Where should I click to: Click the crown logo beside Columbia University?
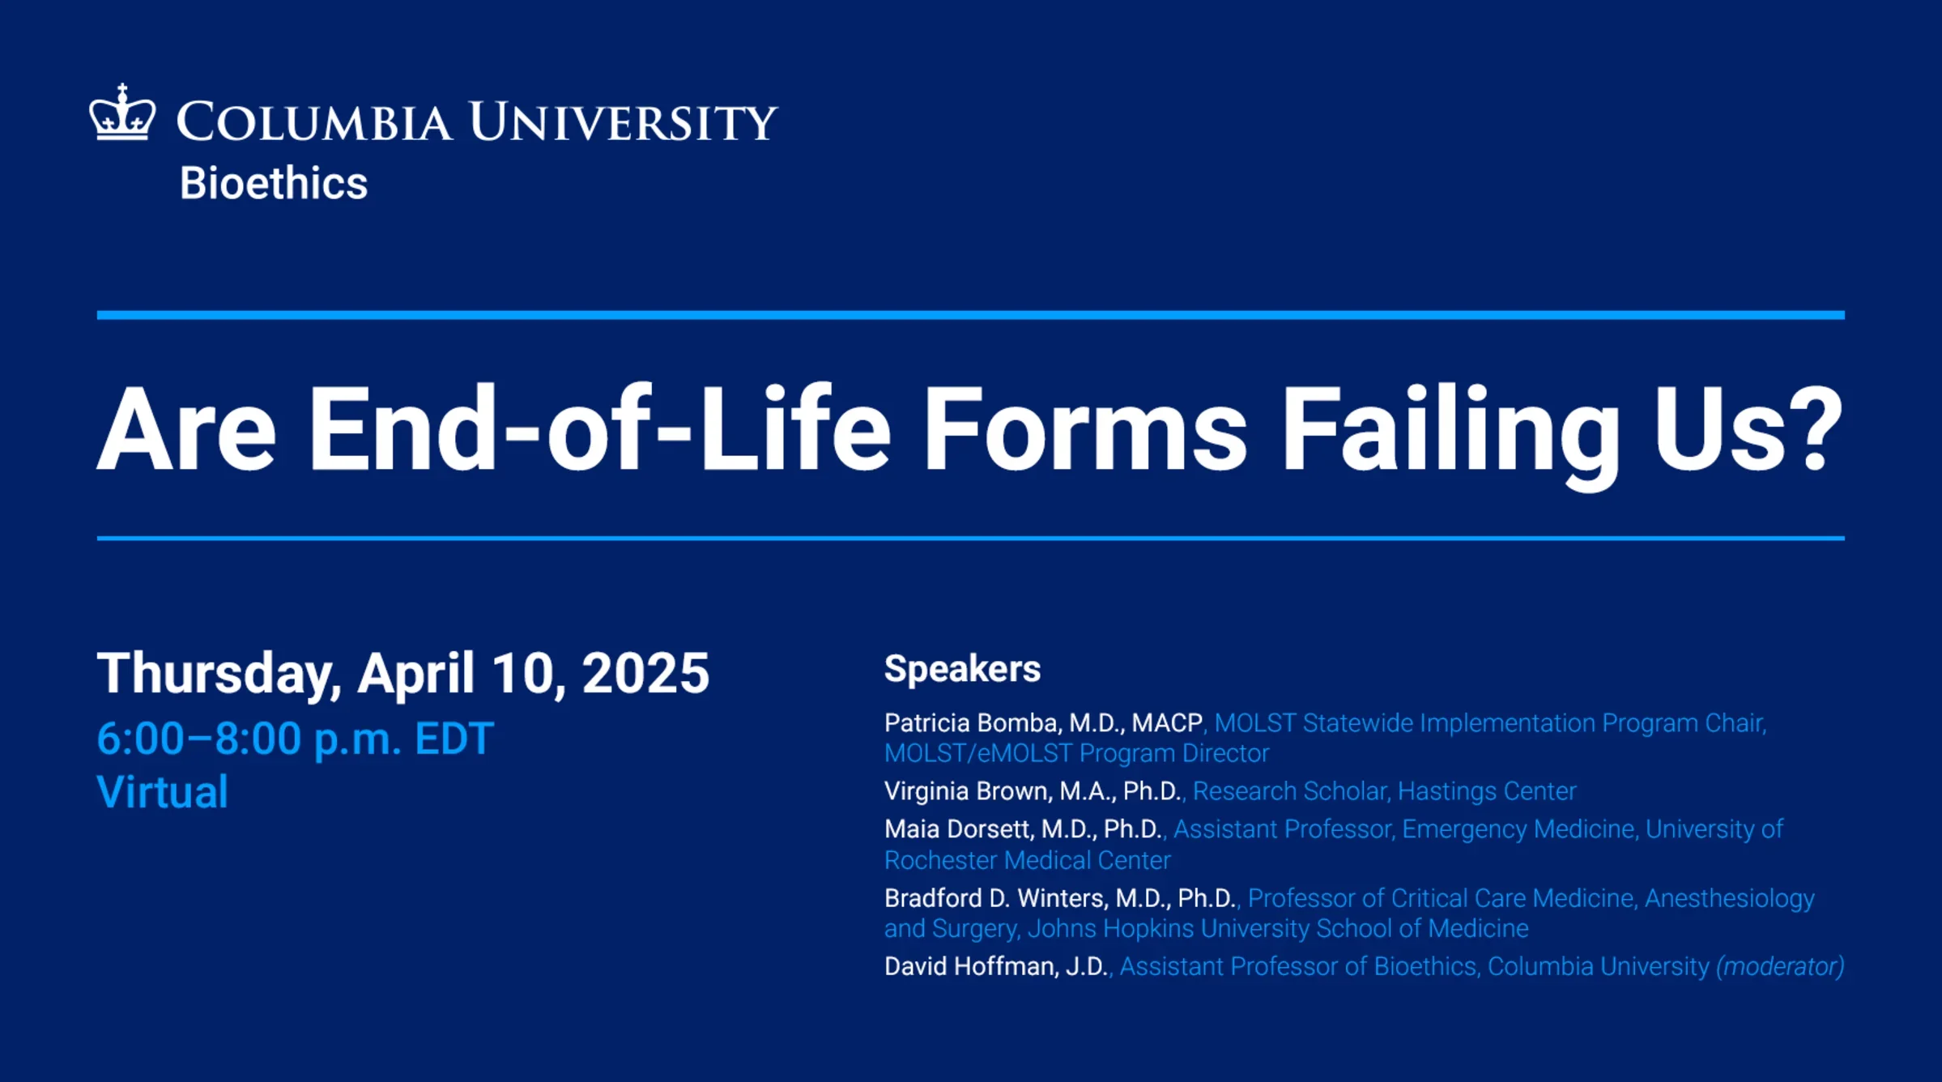click(x=122, y=113)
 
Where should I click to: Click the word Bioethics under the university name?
click(x=274, y=183)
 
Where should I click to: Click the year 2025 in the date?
click(x=645, y=672)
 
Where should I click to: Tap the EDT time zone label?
click(x=454, y=739)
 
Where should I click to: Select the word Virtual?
click(x=162, y=791)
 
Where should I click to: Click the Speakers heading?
click(x=962, y=669)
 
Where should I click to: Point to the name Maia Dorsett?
click(x=957, y=829)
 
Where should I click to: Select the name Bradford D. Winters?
click(x=994, y=897)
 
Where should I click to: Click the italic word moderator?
click(x=1780, y=966)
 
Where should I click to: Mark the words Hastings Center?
click(x=1487, y=790)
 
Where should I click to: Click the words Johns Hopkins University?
click(x=1168, y=928)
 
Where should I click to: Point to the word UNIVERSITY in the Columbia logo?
click(x=623, y=122)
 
